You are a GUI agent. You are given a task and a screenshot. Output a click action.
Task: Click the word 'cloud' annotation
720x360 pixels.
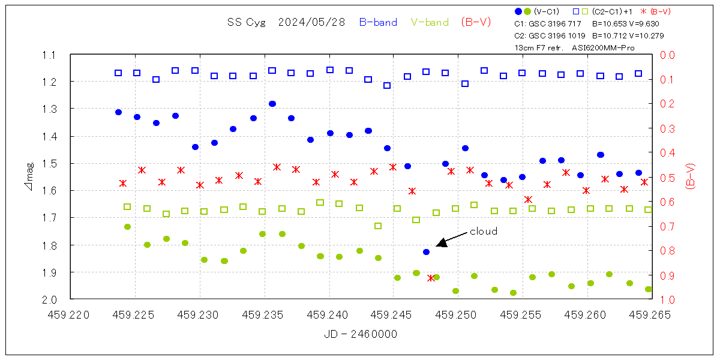483,231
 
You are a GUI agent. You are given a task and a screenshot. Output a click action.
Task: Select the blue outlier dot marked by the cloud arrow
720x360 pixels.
426,252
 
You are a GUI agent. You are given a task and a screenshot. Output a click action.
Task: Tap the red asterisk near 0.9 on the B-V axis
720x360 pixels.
431,278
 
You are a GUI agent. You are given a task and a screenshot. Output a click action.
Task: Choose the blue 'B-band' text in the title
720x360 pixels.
378,22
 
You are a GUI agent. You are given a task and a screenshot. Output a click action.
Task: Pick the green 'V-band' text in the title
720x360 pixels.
430,22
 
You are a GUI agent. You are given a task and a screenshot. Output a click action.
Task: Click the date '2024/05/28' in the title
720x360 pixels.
312,22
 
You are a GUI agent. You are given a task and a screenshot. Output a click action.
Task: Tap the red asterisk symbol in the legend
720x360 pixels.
644,11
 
